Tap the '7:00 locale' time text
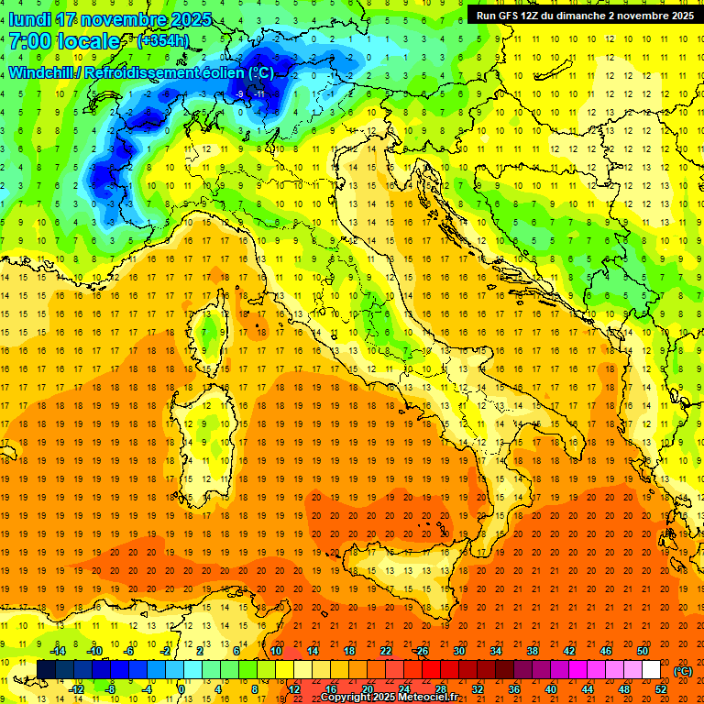tap(64, 41)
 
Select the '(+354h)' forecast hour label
tap(164, 41)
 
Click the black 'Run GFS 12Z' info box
tap(584, 15)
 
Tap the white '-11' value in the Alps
tap(259, 93)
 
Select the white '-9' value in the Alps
tap(239, 93)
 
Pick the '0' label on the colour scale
tap(181, 688)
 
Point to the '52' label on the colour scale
tap(661, 688)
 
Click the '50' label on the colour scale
tap(643, 650)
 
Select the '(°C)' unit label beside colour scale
tap(683, 670)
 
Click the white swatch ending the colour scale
tap(651, 669)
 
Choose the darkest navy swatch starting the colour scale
tap(46, 669)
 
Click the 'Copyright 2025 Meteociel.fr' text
tap(389, 698)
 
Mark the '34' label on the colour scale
tap(496, 650)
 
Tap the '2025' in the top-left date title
tap(190, 19)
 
